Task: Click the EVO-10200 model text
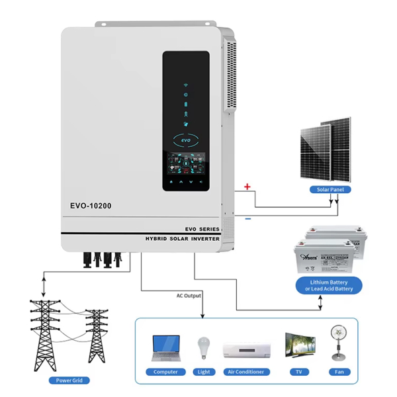click(90, 206)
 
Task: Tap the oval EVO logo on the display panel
click(186, 141)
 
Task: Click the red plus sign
click(247, 187)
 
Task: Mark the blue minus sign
click(247, 218)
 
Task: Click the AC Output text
click(189, 296)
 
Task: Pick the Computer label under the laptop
click(165, 372)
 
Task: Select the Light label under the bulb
click(203, 372)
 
